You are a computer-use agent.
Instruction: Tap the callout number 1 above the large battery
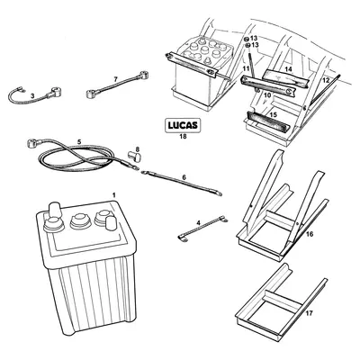pyautogui.click(x=113, y=196)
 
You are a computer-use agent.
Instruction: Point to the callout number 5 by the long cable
pyautogui.click(x=79, y=142)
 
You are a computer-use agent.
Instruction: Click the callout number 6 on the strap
pyautogui.click(x=184, y=179)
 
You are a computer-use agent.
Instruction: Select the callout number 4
pyautogui.click(x=199, y=220)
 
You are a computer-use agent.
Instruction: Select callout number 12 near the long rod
pyautogui.click(x=326, y=81)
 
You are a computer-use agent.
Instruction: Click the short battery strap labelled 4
pyautogui.click(x=191, y=232)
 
